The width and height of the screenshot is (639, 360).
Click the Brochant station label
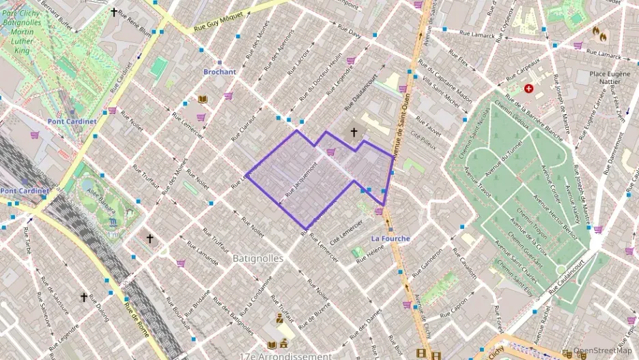point(219,72)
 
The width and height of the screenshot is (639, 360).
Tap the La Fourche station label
point(390,238)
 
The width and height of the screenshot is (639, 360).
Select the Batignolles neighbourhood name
point(257,258)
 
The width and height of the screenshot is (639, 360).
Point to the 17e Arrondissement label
point(285,356)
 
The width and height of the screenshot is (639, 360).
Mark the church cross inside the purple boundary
point(354,132)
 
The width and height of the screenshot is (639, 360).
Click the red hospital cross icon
point(528,89)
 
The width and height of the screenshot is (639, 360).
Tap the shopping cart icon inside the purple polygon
point(331,152)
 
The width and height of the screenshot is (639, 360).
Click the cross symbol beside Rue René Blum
point(114,12)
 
